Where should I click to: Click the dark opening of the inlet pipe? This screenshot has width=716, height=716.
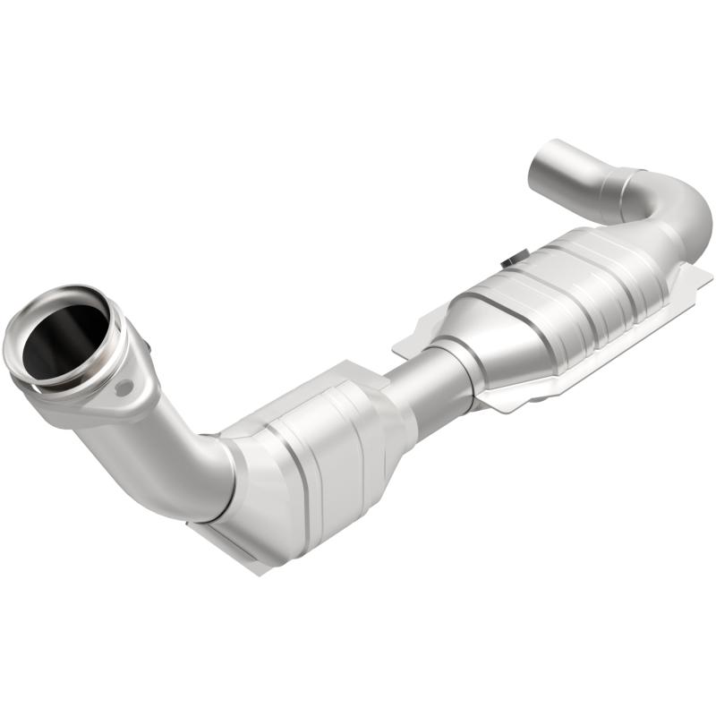coord(64,335)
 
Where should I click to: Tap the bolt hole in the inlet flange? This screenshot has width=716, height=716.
coord(124,388)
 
